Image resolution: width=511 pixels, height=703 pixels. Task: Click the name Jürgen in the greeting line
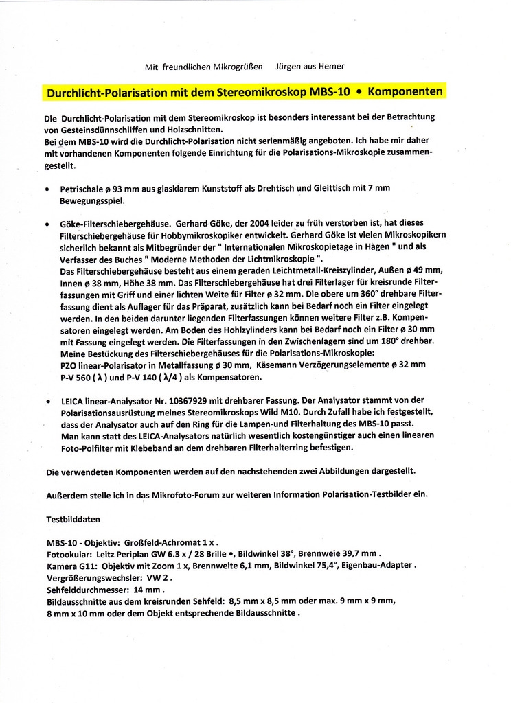(288, 67)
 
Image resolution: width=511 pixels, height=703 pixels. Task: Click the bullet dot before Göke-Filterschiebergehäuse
(46, 224)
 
